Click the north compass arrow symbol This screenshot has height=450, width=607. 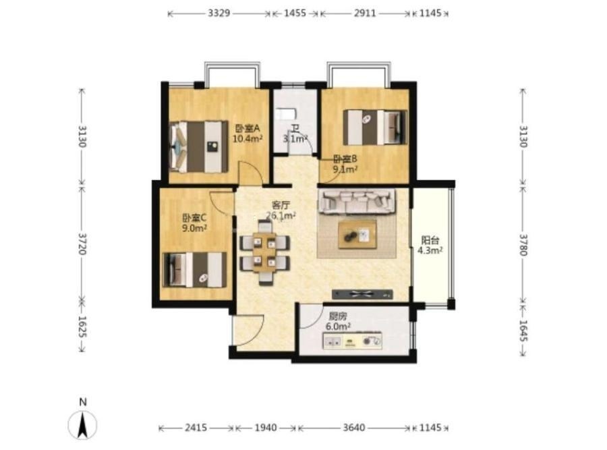[x=82, y=425]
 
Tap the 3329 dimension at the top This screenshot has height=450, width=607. [x=219, y=13]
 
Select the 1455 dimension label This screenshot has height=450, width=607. [x=295, y=13]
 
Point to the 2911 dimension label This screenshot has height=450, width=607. [x=365, y=13]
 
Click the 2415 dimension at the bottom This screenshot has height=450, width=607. [x=196, y=428]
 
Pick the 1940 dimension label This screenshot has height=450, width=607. [x=266, y=428]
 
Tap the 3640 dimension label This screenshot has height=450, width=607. [x=354, y=428]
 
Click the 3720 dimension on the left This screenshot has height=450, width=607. [x=82, y=244]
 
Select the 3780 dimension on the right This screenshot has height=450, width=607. [x=523, y=245]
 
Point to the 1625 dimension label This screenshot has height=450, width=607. [x=82, y=326]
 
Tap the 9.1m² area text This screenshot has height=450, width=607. [x=345, y=169]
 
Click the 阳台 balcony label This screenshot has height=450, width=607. [x=430, y=240]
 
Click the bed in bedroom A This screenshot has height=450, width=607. [x=198, y=146]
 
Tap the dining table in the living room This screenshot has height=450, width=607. [x=264, y=252]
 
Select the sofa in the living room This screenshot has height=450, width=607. [x=357, y=201]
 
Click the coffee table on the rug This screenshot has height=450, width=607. [x=357, y=234]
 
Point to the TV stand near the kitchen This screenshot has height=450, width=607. [x=362, y=294]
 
